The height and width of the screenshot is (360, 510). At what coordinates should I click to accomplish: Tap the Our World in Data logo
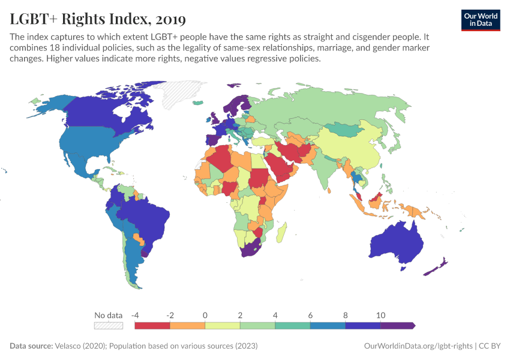click(x=480, y=20)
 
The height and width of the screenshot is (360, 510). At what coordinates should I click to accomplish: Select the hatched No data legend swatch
click(x=108, y=325)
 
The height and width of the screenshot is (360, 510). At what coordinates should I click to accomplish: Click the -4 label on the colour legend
click(x=136, y=315)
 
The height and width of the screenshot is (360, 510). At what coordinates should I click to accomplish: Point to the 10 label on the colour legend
click(x=380, y=315)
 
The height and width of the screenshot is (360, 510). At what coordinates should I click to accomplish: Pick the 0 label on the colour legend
click(x=205, y=315)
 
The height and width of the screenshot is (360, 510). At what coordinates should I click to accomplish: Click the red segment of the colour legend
click(x=152, y=325)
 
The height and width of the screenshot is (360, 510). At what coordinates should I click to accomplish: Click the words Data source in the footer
click(x=31, y=346)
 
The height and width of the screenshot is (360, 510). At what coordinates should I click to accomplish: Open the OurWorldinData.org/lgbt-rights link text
click(x=418, y=346)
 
